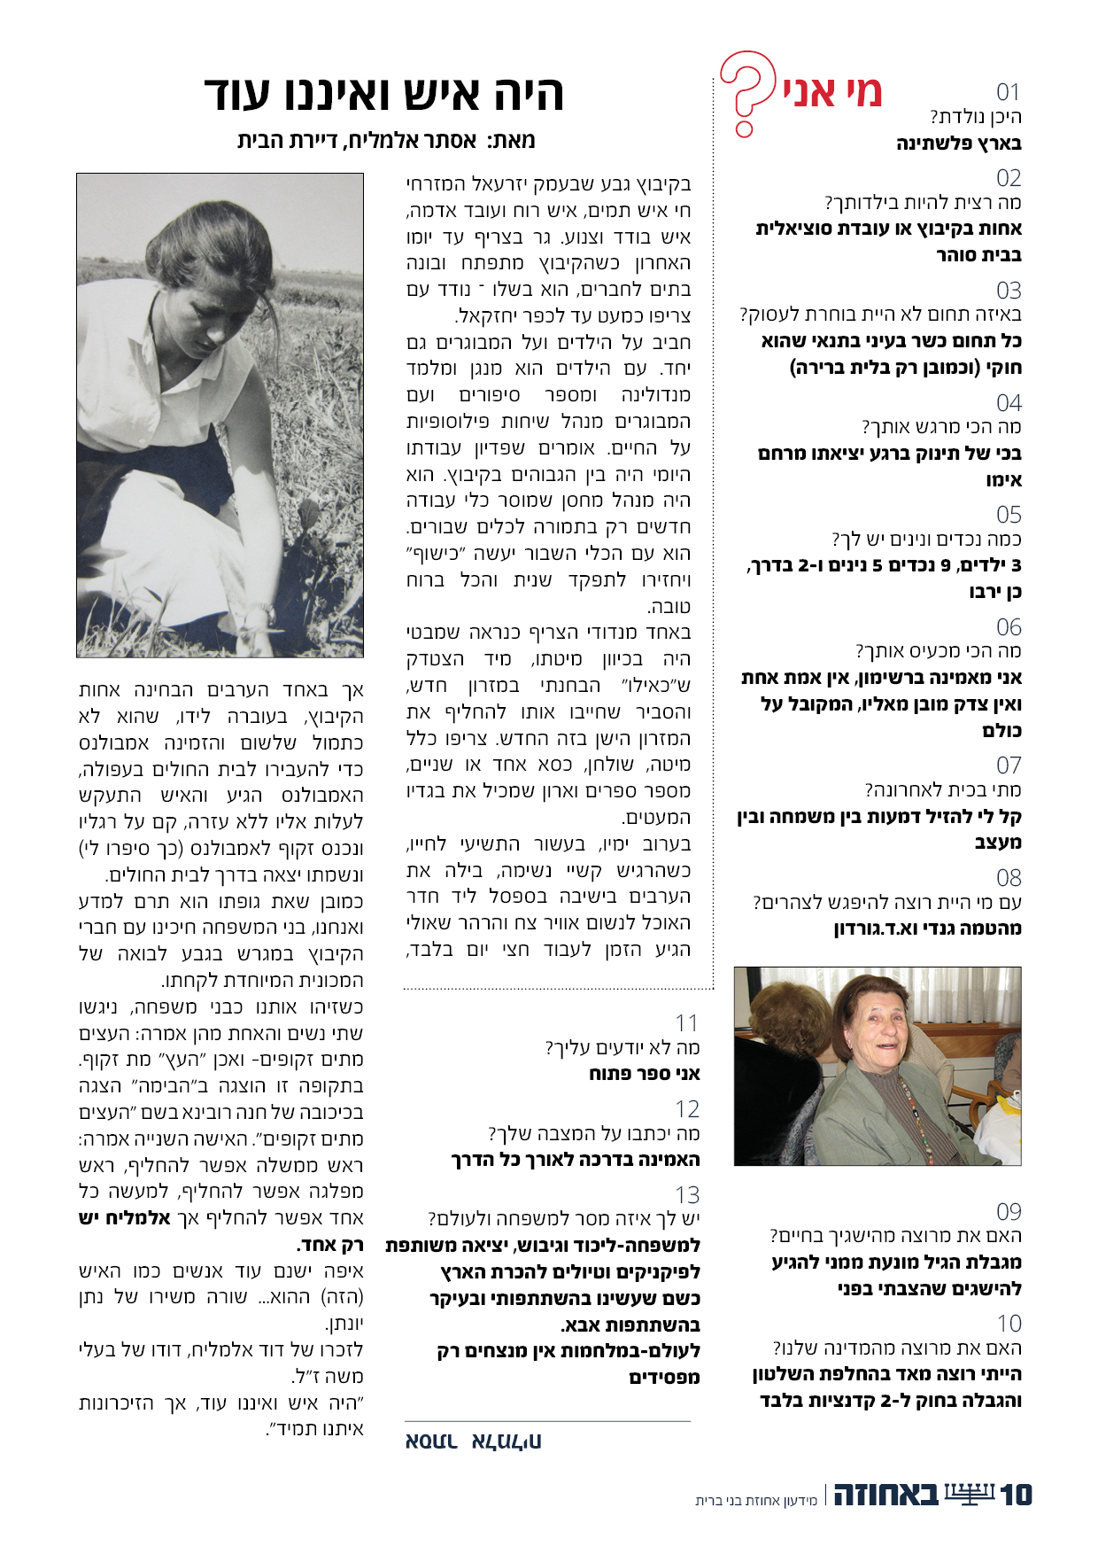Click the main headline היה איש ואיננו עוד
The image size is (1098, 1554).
pyautogui.click(x=383, y=94)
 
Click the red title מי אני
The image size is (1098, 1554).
pyautogui.click(x=832, y=92)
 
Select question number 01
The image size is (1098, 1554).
pyautogui.click(x=1008, y=92)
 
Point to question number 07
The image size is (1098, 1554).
pyautogui.click(x=1009, y=765)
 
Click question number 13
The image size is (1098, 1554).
pyautogui.click(x=687, y=1195)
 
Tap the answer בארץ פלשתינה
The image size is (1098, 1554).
pyautogui.click(x=959, y=144)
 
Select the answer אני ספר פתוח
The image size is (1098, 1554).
pyautogui.click(x=644, y=1074)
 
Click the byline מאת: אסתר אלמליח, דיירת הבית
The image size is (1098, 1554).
pyautogui.click(x=386, y=141)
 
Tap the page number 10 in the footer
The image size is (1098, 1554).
pyautogui.click(x=1016, y=1496)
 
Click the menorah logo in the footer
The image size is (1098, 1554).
pyautogui.click(x=970, y=1494)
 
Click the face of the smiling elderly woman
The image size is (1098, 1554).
pyautogui.click(x=870, y=1030)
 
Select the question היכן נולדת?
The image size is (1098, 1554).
pyautogui.click(x=976, y=117)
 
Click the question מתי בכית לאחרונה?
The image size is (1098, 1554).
pyautogui.click(x=943, y=789)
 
